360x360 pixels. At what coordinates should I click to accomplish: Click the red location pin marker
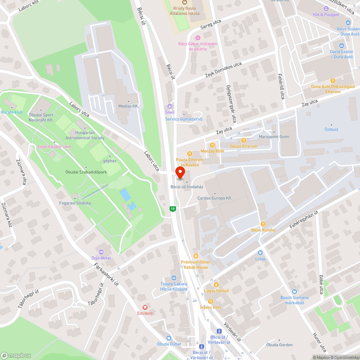coord(180,174)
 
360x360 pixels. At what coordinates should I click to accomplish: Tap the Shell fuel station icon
coord(170,106)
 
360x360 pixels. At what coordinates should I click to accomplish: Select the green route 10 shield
coord(173,209)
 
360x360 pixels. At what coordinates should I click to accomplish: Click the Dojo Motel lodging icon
coord(101,251)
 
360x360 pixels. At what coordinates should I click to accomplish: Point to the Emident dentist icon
coord(145,307)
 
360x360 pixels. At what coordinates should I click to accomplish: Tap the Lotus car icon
coord(260,253)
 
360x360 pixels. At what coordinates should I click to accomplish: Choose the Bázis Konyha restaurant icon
coord(263,224)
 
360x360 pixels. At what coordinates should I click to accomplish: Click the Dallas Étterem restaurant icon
coord(243,140)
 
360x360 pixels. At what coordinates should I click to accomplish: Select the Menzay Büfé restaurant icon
coord(212,145)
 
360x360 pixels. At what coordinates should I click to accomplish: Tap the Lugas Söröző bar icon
coord(216,285)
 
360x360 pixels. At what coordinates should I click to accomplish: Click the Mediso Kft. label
coord(129,106)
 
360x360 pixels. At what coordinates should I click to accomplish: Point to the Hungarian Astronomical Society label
coord(85,136)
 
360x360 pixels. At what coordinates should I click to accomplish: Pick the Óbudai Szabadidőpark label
coord(86,172)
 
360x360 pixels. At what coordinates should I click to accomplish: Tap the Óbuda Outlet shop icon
coord(169,338)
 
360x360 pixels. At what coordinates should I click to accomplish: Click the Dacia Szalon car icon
coord(341,46)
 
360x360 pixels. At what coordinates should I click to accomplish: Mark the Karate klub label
coord(12,112)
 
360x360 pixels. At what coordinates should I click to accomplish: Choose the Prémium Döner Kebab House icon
coord(195,256)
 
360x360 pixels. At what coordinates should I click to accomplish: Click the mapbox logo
coord(16,355)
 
